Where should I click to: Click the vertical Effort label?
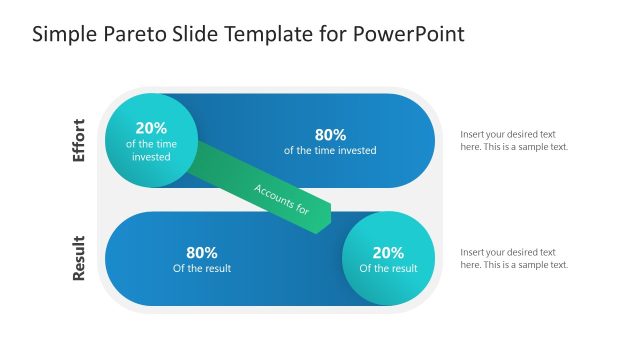(x=79, y=141)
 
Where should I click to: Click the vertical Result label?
(x=79, y=258)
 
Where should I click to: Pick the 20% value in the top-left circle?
(x=151, y=127)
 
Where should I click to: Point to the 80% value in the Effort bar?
(x=330, y=135)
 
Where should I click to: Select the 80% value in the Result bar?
(x=202, y=252)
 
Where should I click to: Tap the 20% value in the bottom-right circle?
(x=388, y=252)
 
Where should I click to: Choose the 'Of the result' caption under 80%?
(x=202, y=268)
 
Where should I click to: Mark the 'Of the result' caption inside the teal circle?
(x=388, y=268)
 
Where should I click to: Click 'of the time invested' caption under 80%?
(x=330, y=151)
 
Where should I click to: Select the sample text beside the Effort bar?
(x=514, y=140)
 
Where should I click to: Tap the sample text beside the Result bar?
(x=514, y=258)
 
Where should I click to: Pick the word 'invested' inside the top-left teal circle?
(x=151, y=157)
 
